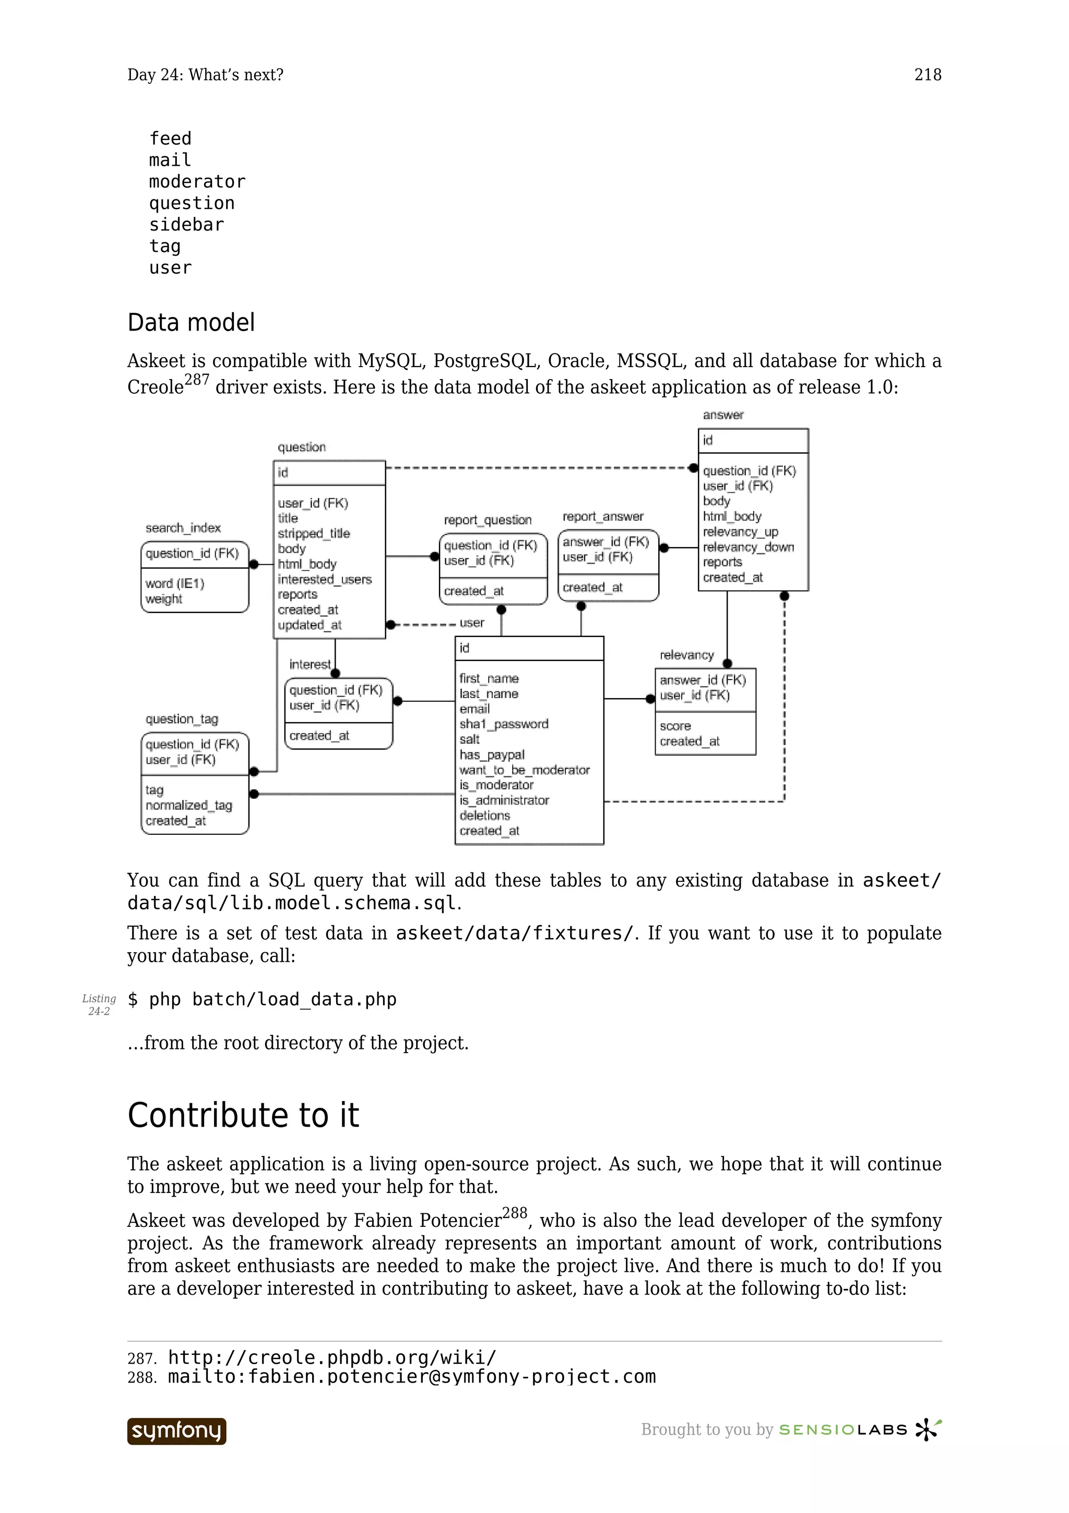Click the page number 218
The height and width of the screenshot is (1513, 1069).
point(928,75)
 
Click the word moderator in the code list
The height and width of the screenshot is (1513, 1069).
point(197,181)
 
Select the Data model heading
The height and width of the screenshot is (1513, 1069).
point(191,322)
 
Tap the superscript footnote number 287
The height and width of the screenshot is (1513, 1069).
point(196,380)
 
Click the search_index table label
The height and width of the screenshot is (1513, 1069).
point(183,528)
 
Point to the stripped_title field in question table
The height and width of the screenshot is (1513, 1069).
point(314,533)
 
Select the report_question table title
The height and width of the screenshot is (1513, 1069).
point(488,520)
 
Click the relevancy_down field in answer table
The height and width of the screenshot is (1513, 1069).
point(748,547)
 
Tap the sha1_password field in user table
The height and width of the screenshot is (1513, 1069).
point(504,724)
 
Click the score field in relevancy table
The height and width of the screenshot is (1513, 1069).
point(675,726)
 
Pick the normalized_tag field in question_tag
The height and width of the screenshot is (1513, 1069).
point(189,805)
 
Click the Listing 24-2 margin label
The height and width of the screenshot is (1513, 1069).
point(99,1005)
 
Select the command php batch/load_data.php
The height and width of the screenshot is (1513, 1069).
point(262,1000)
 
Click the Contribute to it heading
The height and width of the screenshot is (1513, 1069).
point(243,1115)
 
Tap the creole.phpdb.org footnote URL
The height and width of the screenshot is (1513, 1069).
point(332,1357)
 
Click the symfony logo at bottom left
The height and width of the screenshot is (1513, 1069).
point(176,1431)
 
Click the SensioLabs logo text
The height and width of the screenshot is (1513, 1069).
point(843,1430)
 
